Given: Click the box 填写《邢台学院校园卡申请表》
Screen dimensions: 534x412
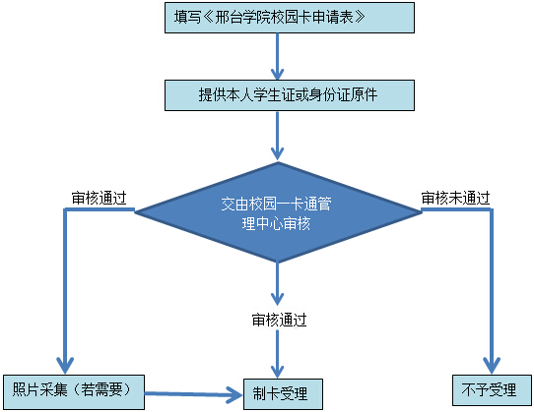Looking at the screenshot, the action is click(x=290, y=18).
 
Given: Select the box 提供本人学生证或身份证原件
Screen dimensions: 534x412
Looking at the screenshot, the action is click(x=290, y=95).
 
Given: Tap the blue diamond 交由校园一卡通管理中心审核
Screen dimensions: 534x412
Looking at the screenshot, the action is click(x=278, y=212).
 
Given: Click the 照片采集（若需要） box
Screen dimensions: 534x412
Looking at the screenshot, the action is click(x=74, y=392).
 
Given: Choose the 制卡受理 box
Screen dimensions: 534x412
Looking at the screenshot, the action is click(x=283, y=394).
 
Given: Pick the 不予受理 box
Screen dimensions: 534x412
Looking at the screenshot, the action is click(x=492, y=390).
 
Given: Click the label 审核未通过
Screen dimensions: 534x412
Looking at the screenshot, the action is click(x=455, y=198).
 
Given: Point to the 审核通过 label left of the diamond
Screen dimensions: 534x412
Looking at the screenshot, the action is click(x=100, y=198).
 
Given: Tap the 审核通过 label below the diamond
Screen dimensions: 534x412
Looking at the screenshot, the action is click(x=279, y=320).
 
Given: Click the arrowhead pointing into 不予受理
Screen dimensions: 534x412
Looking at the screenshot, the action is click(x=492, y=366).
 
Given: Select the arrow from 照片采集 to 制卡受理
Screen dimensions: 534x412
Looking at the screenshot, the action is click(x=194, y=394).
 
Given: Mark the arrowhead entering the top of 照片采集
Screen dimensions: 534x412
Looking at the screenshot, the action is click(x=65, y=366).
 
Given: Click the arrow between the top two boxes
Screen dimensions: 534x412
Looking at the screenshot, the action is click(x=278, y=56).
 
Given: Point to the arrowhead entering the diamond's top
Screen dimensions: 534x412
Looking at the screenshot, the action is click(x=278, y=154).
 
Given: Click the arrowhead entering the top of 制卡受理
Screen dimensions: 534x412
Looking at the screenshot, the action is click(x=278, y=372).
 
